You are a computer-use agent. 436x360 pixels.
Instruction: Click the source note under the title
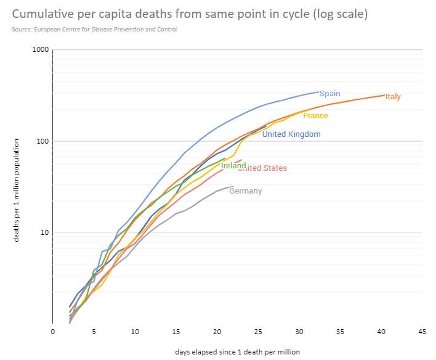tap(95, 30)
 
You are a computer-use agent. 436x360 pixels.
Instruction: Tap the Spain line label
tap(329, 93)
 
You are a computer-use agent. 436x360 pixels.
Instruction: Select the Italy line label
tap(393, 97)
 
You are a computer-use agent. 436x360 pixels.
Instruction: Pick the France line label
tap(315, 116)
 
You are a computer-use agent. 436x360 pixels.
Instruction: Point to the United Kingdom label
tap(291, 134)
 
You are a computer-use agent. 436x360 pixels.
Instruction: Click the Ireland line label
tap(233, 165)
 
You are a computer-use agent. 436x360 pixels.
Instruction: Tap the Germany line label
tap(245, 191)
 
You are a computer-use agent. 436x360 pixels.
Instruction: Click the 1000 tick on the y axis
tap(41, 50)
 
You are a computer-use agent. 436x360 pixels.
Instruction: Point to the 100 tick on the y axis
tap(42, 141)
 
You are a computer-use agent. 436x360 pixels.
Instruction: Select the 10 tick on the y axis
tap(44, 232)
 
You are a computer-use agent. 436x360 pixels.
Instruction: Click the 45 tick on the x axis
tap(422, 331)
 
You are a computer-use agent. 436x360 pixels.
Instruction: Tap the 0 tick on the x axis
tap(53, 331)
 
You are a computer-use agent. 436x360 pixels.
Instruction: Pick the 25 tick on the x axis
tap(258, 331)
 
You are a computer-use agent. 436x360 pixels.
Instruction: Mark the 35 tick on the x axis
tap(340, 331)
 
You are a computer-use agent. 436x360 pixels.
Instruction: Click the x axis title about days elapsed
tap(238, 351)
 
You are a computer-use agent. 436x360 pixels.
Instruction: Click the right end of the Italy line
tap(384, 95)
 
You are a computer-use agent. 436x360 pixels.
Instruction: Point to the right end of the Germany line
tap(233, 186)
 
